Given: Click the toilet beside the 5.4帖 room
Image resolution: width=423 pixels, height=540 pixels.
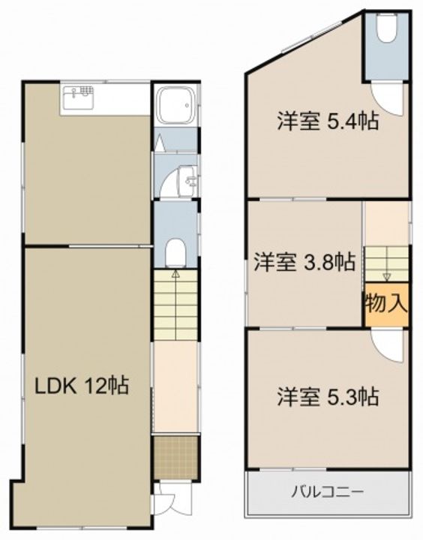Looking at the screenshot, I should point(386,30).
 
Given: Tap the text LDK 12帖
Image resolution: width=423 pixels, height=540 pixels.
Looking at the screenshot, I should point(82,386).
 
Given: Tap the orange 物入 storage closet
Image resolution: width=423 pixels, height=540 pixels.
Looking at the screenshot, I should point(386,304).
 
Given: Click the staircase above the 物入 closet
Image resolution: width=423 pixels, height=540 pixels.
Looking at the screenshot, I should point(386,263).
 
